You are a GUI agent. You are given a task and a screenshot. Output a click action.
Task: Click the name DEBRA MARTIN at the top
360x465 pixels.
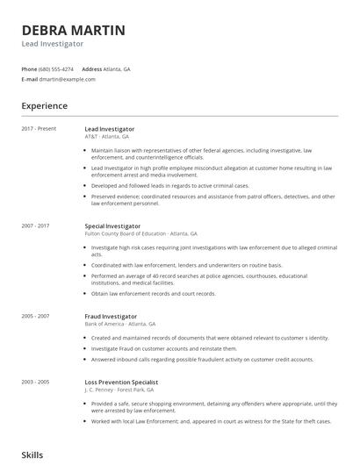pos(73,30)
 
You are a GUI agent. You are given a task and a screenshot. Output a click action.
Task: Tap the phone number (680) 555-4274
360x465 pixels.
pos(56,68)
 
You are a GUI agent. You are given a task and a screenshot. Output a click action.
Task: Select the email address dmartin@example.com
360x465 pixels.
pos(68,79)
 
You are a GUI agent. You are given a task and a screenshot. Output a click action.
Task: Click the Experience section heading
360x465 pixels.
pos(44,106)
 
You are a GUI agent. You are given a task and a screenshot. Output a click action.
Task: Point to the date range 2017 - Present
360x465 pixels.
pos(39,129)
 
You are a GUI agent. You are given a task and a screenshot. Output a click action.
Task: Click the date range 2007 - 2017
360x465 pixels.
pos(36,226)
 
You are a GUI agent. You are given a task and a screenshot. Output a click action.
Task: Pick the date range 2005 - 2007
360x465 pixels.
pos(36,316)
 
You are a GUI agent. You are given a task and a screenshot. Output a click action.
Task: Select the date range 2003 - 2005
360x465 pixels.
pos(36,383)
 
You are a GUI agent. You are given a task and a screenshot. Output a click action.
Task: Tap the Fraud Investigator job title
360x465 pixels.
pos(111,316)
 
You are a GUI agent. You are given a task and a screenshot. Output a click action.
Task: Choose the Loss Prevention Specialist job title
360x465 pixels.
pos(121,383)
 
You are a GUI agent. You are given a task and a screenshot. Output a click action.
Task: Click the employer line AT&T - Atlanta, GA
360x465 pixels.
pos(107,137)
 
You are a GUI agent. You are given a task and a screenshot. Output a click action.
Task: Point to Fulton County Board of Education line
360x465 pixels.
pos(140,234)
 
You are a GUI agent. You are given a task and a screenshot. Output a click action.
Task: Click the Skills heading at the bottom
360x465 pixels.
pos(32,455)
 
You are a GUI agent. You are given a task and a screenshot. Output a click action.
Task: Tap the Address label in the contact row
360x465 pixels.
pos(91,68)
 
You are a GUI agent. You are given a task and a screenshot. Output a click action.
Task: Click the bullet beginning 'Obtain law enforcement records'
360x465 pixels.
pos(153,294)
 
